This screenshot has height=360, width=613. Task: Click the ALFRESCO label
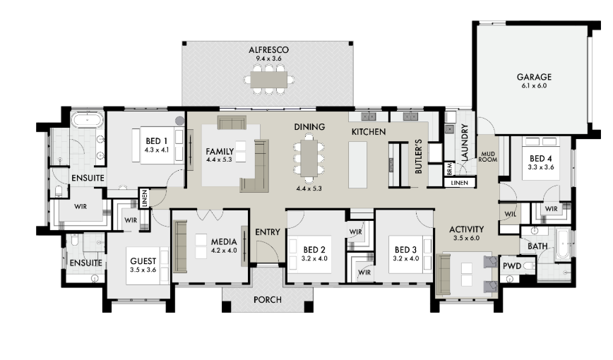[x=268, y=50]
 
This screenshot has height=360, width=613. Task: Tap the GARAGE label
[x=534, y=77]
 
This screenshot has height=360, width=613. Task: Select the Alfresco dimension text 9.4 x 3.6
[x=268, y=59]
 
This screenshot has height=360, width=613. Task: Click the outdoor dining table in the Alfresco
[x=268, y=80]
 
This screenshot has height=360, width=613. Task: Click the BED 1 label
[x=156, y=141]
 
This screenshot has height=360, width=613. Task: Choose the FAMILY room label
[x=220, y=151]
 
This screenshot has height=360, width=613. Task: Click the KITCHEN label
[x=368, y=132]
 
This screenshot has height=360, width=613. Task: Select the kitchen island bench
[x=357, y=164]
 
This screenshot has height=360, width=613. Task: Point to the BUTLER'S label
[x=418, y=156]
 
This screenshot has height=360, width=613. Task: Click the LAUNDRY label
[x=465, y=143]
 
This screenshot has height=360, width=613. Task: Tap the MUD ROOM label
[x=488, y=157]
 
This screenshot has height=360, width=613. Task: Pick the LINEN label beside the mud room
[x=459, y=183]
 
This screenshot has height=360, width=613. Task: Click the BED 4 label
[x=541, y=158]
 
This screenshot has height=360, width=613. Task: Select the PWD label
[x=512, y=266]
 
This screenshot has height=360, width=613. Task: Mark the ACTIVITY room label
[x=466, y=229]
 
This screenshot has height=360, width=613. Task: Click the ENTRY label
[x=268, y=232]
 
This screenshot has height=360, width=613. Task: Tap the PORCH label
[x=268, y=300]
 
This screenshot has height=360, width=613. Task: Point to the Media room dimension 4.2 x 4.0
[x=224, y=251]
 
